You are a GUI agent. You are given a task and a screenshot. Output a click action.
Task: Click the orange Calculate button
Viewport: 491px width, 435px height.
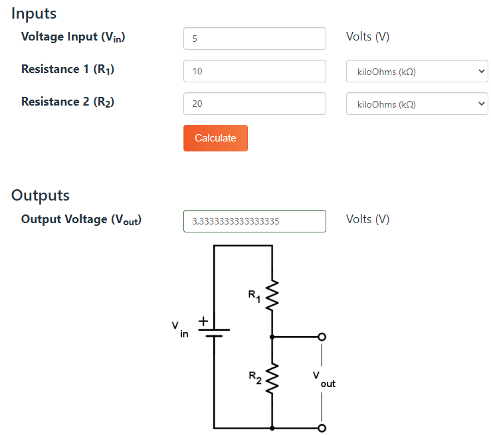(215, 138)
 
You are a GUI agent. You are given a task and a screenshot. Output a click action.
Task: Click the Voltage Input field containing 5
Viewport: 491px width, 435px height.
(254, 39)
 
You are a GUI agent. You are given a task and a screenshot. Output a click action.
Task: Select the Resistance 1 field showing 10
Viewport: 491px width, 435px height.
(254, 71)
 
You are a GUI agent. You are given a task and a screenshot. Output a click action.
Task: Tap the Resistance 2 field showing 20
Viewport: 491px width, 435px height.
(254, 104)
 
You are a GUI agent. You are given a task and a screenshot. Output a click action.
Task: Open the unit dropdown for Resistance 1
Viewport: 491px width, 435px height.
(417, 72)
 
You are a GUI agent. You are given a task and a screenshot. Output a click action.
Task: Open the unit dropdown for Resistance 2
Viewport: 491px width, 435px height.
(417, 104)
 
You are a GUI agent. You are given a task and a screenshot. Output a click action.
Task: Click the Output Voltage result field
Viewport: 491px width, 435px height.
(254, 221)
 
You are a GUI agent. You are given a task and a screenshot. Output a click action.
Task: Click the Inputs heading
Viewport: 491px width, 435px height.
(34, 13)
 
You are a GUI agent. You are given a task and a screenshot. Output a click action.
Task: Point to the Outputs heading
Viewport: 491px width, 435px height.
(41, 195)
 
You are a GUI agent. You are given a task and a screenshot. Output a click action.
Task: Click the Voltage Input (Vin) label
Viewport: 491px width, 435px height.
(73, 37)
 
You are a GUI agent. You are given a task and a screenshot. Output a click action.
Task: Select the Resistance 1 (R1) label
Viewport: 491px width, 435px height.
(68, 69)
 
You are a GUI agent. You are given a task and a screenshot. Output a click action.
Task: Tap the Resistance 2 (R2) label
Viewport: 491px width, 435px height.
(68, 102)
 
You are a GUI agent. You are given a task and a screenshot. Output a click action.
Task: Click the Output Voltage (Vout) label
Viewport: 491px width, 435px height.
(81, 219)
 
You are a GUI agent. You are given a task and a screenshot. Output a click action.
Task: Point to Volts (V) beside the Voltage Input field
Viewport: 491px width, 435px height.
(367, 37)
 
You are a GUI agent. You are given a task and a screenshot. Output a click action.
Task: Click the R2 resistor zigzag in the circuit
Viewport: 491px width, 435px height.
(272, 379)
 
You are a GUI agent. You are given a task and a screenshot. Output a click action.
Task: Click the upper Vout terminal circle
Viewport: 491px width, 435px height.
(322, 337)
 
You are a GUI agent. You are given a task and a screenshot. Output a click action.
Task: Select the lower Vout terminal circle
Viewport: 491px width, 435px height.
(322, 428)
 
